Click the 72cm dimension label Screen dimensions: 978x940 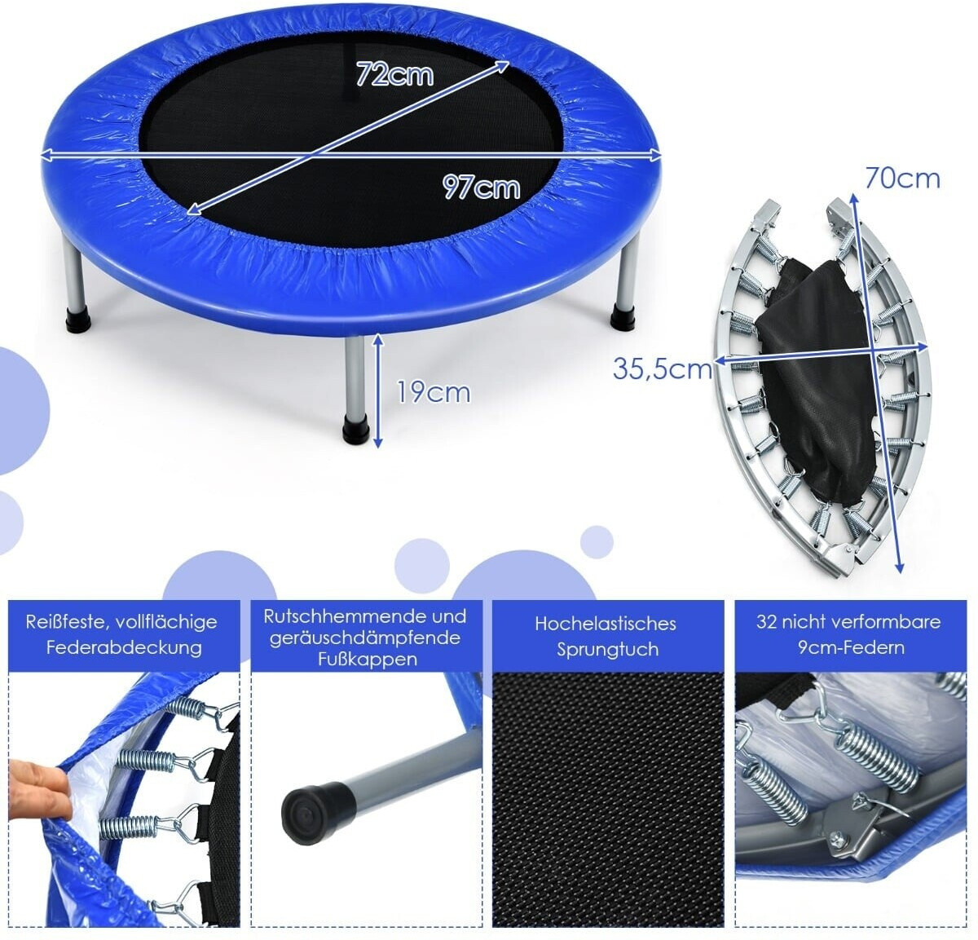coord(394,74)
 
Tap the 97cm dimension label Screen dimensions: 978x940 coord(481,187)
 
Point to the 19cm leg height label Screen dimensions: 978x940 coord(434,392)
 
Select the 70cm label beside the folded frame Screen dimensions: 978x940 coord(903,179)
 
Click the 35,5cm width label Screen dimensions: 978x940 coord(663,369)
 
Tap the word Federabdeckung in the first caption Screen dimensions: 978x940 coord(124,647)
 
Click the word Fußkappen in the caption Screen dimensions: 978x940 coord(368,660)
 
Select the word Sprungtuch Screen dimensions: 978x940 coord(608,650)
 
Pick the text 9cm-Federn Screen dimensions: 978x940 coord(852,647)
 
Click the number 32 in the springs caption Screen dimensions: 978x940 coord(767,622)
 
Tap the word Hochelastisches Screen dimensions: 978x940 coord(606,624)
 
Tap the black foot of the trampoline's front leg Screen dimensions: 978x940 coord(355,430)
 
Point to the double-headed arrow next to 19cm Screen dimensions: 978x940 coord(378,391)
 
